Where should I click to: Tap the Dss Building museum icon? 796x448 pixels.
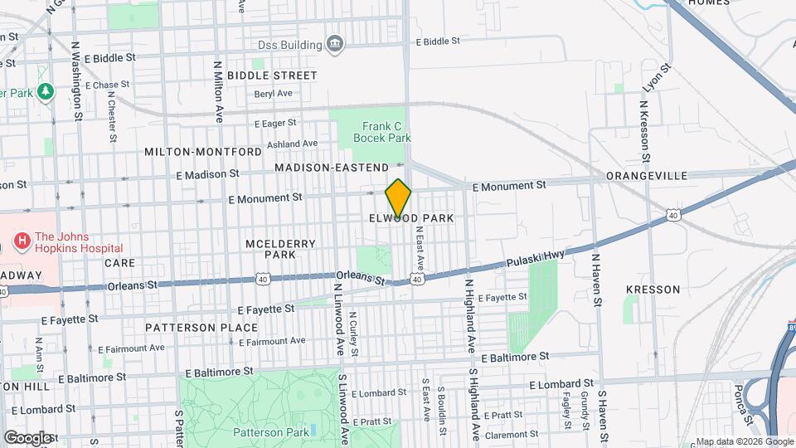click(335, 44)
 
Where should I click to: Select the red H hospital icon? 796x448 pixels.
click(22, 241)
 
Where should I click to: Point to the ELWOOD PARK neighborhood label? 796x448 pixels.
click(412, 218)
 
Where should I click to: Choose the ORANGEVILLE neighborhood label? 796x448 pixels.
click(647, 176)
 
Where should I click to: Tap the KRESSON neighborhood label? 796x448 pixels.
click(653, 290)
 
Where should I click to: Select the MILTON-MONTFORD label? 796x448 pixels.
click(203, 152)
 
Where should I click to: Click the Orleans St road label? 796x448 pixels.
click(362, 278)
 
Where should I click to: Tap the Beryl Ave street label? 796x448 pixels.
click(274, 94)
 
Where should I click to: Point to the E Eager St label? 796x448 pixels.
click(275, 123)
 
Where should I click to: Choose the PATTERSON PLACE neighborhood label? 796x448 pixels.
click(201, 328)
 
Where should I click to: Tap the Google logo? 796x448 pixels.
click(27, 437)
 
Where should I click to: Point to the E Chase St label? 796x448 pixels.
click(107, 85)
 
